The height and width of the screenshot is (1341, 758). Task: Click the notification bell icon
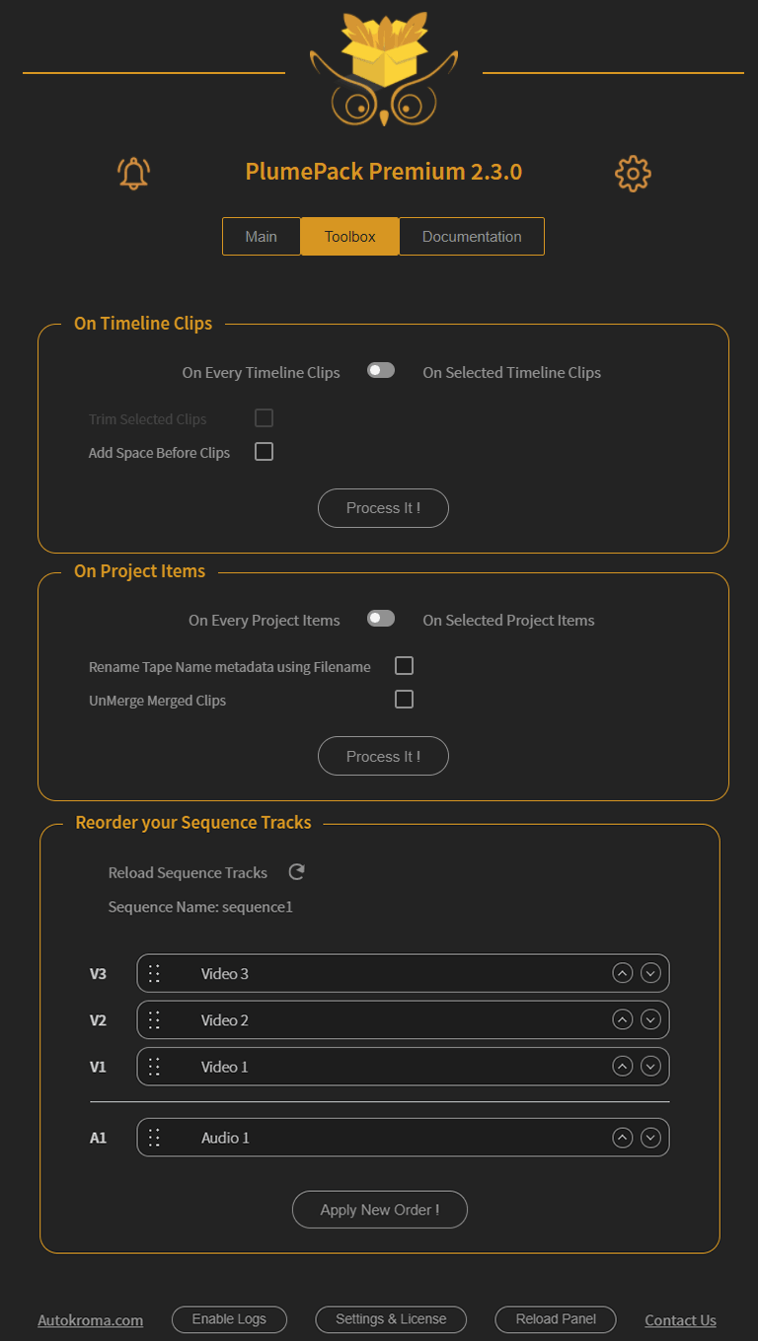click(133, 174)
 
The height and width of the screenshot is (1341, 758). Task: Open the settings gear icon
click(633, 174)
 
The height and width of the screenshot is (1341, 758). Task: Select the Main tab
click(262, 237)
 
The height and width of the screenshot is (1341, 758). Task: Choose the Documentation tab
click(472, 237)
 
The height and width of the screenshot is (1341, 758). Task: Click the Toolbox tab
click(350, 237)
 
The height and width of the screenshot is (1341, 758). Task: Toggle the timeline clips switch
click(381, 371)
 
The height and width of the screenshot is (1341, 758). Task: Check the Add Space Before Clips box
click(264, 452)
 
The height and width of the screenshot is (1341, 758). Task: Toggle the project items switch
click(381, 619)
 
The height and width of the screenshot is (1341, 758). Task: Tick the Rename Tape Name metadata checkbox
click(404, 666)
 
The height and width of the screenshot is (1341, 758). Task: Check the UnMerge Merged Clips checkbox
click(404, 700)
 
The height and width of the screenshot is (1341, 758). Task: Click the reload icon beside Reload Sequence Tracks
click(297, 872)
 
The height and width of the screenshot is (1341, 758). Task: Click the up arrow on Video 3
click(622, 973)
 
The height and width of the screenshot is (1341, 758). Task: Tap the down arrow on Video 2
click(650, 1019)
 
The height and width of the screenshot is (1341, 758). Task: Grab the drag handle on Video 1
click(154, 1067)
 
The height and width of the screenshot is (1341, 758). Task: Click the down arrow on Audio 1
click(650, 1138)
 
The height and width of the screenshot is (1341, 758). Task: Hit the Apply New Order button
click(379, 1210)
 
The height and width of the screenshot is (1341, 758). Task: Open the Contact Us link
click(680, 1320)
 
